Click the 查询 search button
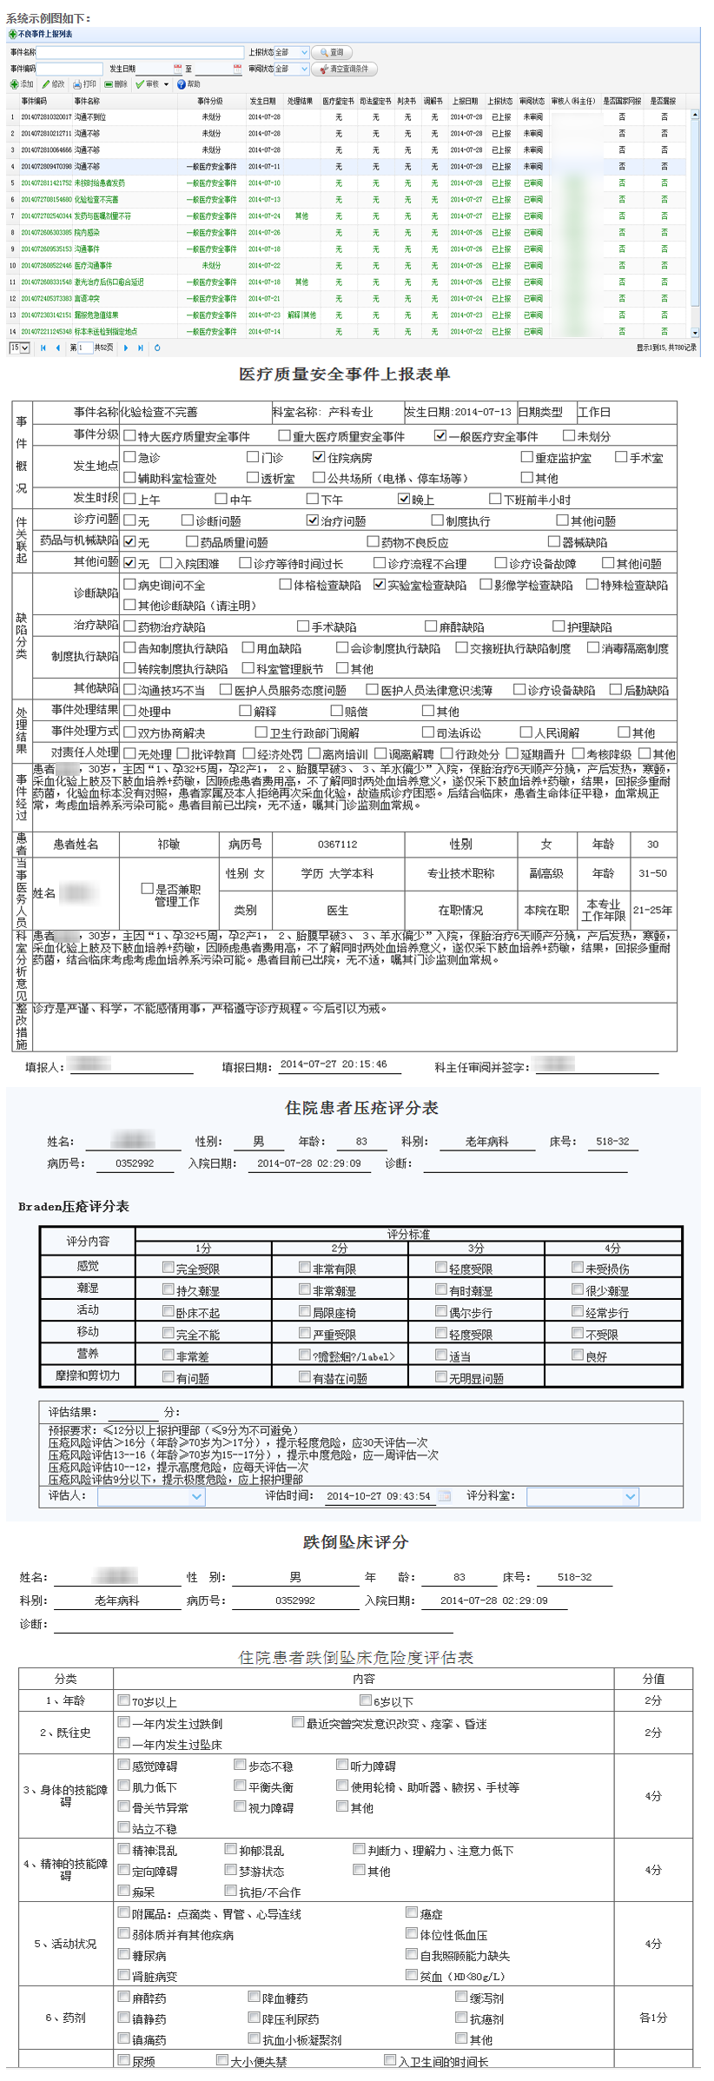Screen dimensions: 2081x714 332,53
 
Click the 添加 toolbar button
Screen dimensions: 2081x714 22,84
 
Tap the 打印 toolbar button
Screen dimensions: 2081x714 84,84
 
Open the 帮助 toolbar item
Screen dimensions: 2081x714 188,84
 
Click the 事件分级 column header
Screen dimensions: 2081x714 210,101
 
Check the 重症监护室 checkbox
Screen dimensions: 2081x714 527,457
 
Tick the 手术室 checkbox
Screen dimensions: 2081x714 621,457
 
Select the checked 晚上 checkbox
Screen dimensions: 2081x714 404,499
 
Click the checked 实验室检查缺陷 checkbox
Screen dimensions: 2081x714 380,585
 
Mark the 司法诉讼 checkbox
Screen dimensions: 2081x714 428,732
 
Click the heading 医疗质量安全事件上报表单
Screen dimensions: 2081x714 345,374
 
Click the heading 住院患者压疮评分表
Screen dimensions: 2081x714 361,1108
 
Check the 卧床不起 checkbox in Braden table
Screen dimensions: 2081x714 169,1311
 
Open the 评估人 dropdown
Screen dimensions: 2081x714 197,1496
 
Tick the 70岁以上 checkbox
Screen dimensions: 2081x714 124,1700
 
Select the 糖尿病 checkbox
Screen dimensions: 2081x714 124,1954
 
